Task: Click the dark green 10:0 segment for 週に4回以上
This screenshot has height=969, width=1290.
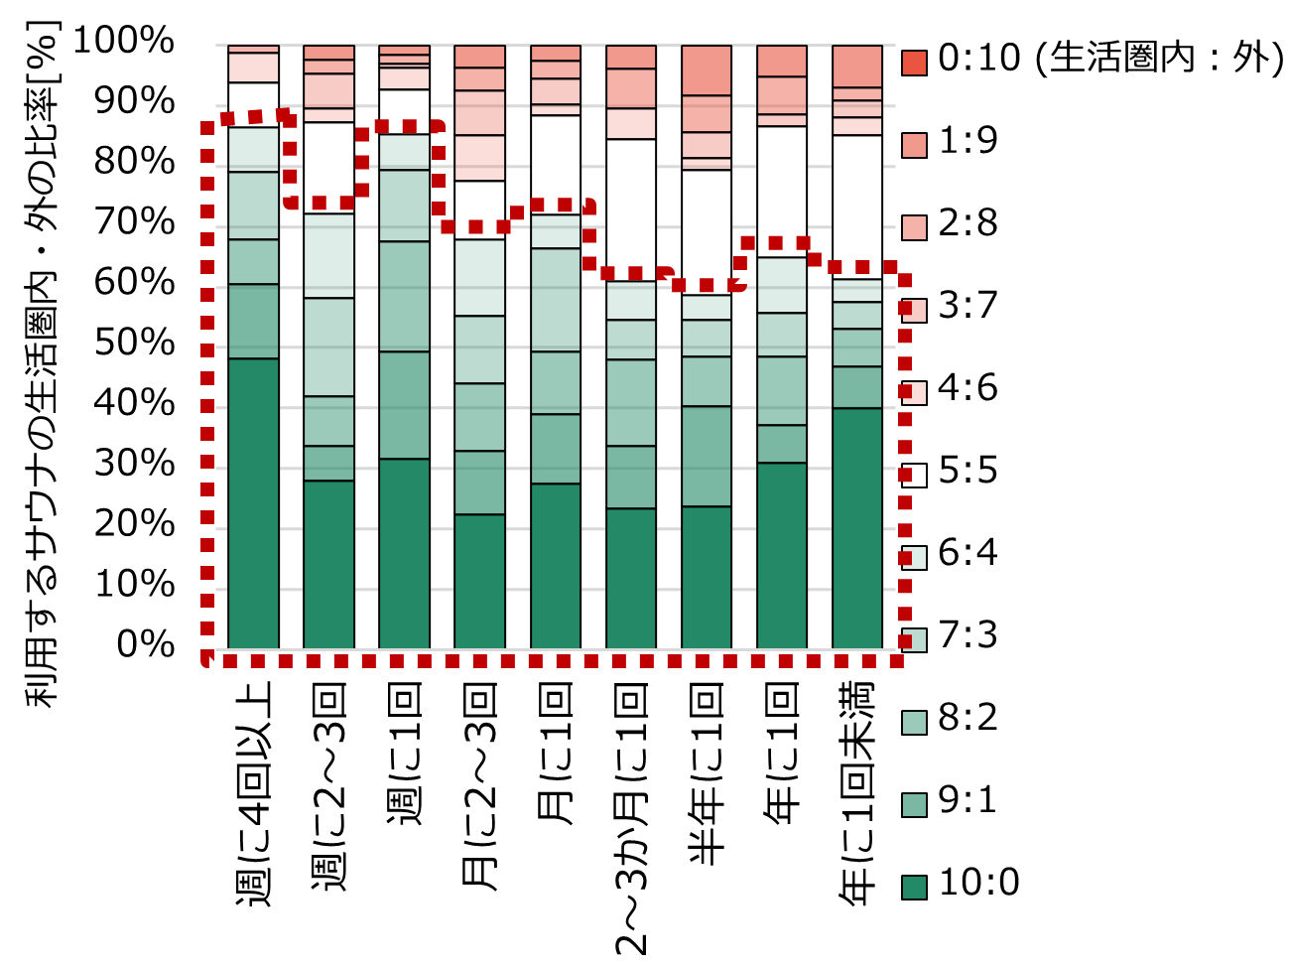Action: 253,503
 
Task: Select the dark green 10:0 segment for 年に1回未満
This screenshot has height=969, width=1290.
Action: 857,528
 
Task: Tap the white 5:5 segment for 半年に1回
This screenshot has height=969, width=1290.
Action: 707,231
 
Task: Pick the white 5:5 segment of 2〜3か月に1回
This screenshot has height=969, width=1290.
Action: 631,209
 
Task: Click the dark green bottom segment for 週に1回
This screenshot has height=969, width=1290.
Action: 404,553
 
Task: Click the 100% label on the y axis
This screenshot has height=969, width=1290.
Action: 124,41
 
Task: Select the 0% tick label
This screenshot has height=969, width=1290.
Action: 145,644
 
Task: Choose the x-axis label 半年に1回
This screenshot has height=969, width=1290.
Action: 707,774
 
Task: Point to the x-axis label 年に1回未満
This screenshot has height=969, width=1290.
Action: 857,793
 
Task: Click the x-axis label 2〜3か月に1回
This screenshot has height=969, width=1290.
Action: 631,818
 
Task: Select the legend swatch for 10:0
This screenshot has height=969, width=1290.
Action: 914,885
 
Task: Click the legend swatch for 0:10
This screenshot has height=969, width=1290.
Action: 914,61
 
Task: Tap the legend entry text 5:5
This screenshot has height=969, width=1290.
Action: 967,471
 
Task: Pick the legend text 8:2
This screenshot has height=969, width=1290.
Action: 967,718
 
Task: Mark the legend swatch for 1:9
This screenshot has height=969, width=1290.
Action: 914,143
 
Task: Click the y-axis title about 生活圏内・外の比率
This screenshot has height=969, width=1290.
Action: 43,362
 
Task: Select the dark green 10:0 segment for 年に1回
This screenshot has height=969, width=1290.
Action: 782,555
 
